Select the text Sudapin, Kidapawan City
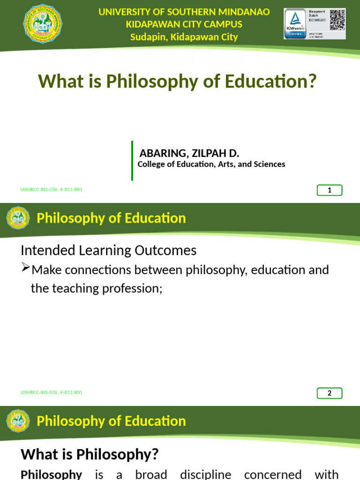[184, 37]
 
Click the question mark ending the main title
[312, 82]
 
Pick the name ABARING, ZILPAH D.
[189, 153]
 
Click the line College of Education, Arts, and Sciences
[211, 164]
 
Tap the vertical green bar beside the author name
[132, 160]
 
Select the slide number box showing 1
[330, 190]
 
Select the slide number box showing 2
[330, 393]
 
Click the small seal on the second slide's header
[18, 218]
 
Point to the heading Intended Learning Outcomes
[108, 250]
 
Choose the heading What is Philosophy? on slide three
[90, 454]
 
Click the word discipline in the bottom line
[205, 474]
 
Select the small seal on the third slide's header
[18, 421]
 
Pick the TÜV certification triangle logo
[295, 19]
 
